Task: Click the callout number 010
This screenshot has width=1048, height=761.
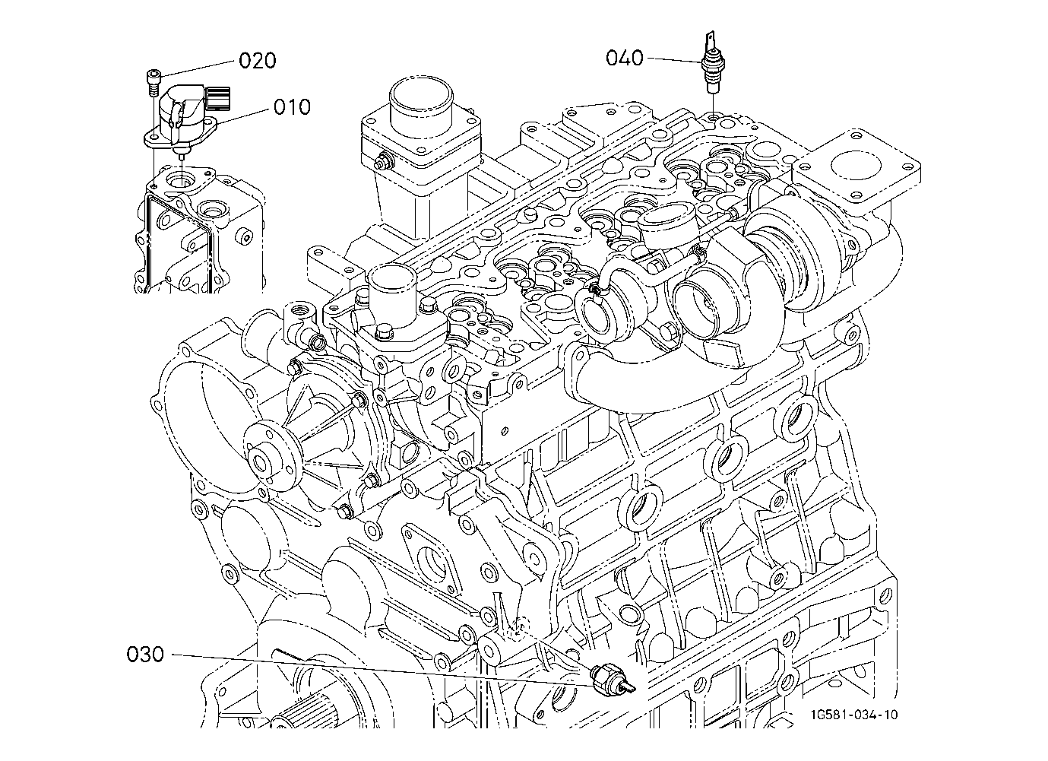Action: [292, 107]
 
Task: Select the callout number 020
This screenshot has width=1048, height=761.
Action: [258, 61]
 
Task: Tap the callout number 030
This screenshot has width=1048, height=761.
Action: [145, 655]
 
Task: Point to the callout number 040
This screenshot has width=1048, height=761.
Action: [625, 58]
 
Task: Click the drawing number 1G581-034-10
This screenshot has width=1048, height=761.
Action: [854, 715]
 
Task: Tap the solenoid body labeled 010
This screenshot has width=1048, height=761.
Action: [180, 117]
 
